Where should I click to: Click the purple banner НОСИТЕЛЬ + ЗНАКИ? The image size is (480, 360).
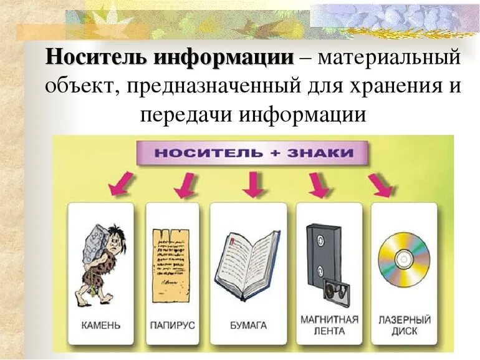(252, 153)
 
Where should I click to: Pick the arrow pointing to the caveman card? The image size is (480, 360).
(118, 183)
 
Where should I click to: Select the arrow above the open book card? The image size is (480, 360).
(252, 183)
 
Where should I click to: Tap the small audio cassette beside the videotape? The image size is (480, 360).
(337, 293)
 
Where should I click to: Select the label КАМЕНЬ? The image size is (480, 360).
(101, 325)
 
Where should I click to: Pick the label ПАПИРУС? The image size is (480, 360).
(172, 325)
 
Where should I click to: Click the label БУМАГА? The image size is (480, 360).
(247, 325)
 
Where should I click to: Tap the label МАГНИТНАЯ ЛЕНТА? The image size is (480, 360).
(329, 325)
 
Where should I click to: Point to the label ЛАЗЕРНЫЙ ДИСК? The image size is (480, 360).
(404, 325)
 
